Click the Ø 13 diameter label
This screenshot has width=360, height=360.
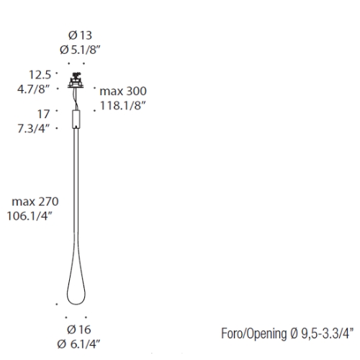coord(80,35)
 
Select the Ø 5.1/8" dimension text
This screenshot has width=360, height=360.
coord(80,50)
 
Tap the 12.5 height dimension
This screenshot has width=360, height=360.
coord(40,75)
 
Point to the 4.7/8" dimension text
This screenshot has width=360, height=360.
coord(33,89)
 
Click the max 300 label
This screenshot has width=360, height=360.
coord(123,91)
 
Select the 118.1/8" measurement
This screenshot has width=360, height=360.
coord(123,106)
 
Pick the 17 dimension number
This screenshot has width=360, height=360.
coord(43,114)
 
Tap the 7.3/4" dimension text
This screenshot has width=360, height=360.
coord(33,129)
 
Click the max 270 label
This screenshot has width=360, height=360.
coord(35,202)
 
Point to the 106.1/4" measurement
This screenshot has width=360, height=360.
coord(30,216)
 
